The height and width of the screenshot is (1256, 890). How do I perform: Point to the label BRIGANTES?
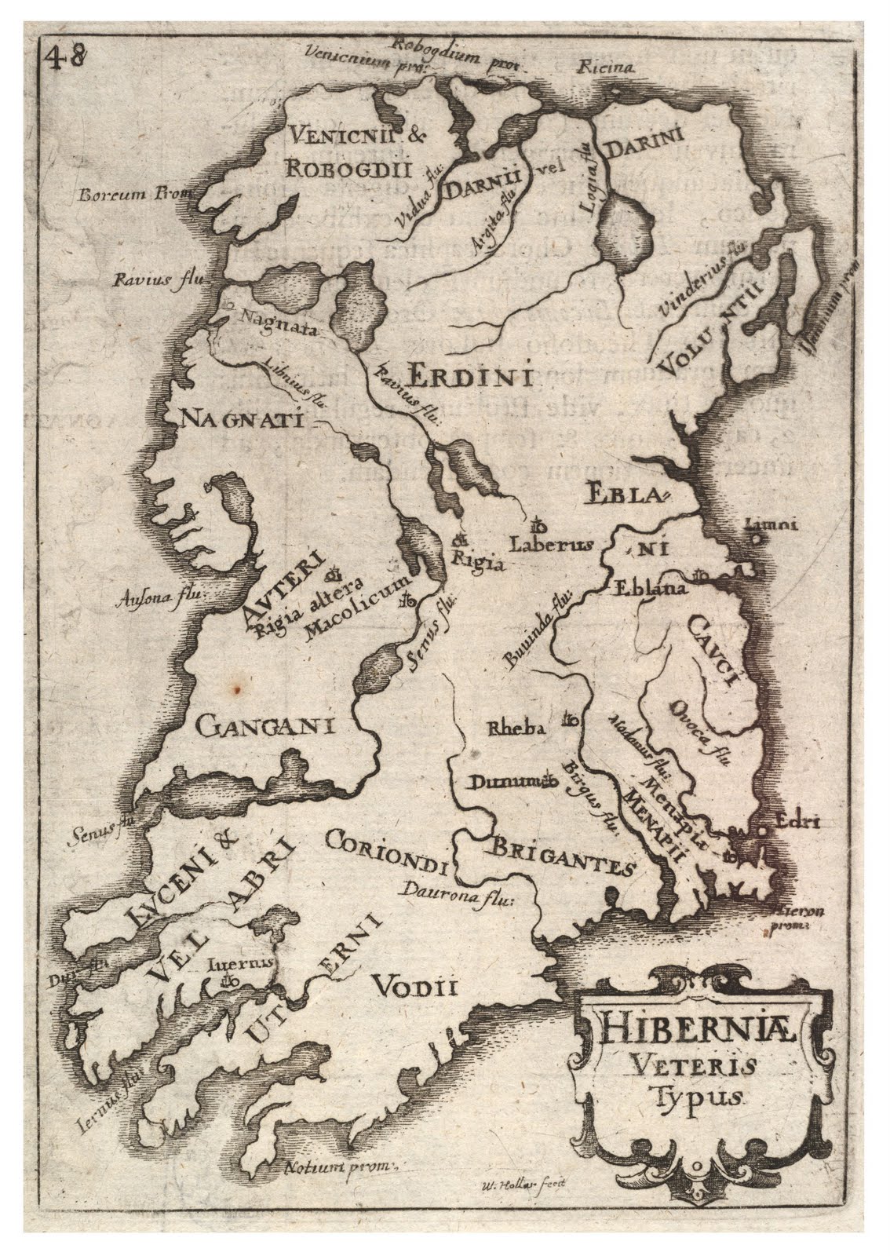coord(563,855)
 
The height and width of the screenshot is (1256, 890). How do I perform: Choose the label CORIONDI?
coord(386,852)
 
